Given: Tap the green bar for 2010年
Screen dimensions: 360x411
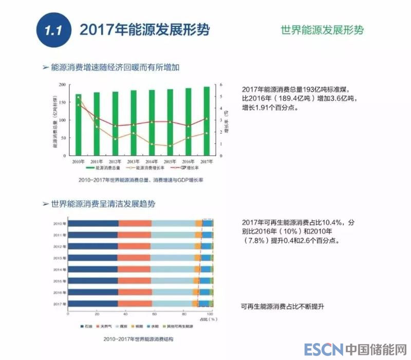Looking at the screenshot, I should point(79,124).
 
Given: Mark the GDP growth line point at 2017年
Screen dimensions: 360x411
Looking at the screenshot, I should point(207,119).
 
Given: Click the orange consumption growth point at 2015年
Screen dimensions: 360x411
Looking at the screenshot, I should point(170,146).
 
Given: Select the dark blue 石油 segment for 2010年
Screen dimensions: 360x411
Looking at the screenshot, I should point(93,223).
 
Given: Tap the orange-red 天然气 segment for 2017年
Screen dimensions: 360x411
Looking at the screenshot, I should point(135,304).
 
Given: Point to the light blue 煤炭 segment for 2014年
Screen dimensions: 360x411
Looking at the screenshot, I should point(172,269).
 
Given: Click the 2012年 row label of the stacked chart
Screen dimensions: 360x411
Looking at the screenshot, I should point(59,246).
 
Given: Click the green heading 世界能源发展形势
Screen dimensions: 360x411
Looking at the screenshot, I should point(322,29).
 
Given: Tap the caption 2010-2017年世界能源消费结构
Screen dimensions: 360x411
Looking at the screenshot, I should point(138,339).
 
